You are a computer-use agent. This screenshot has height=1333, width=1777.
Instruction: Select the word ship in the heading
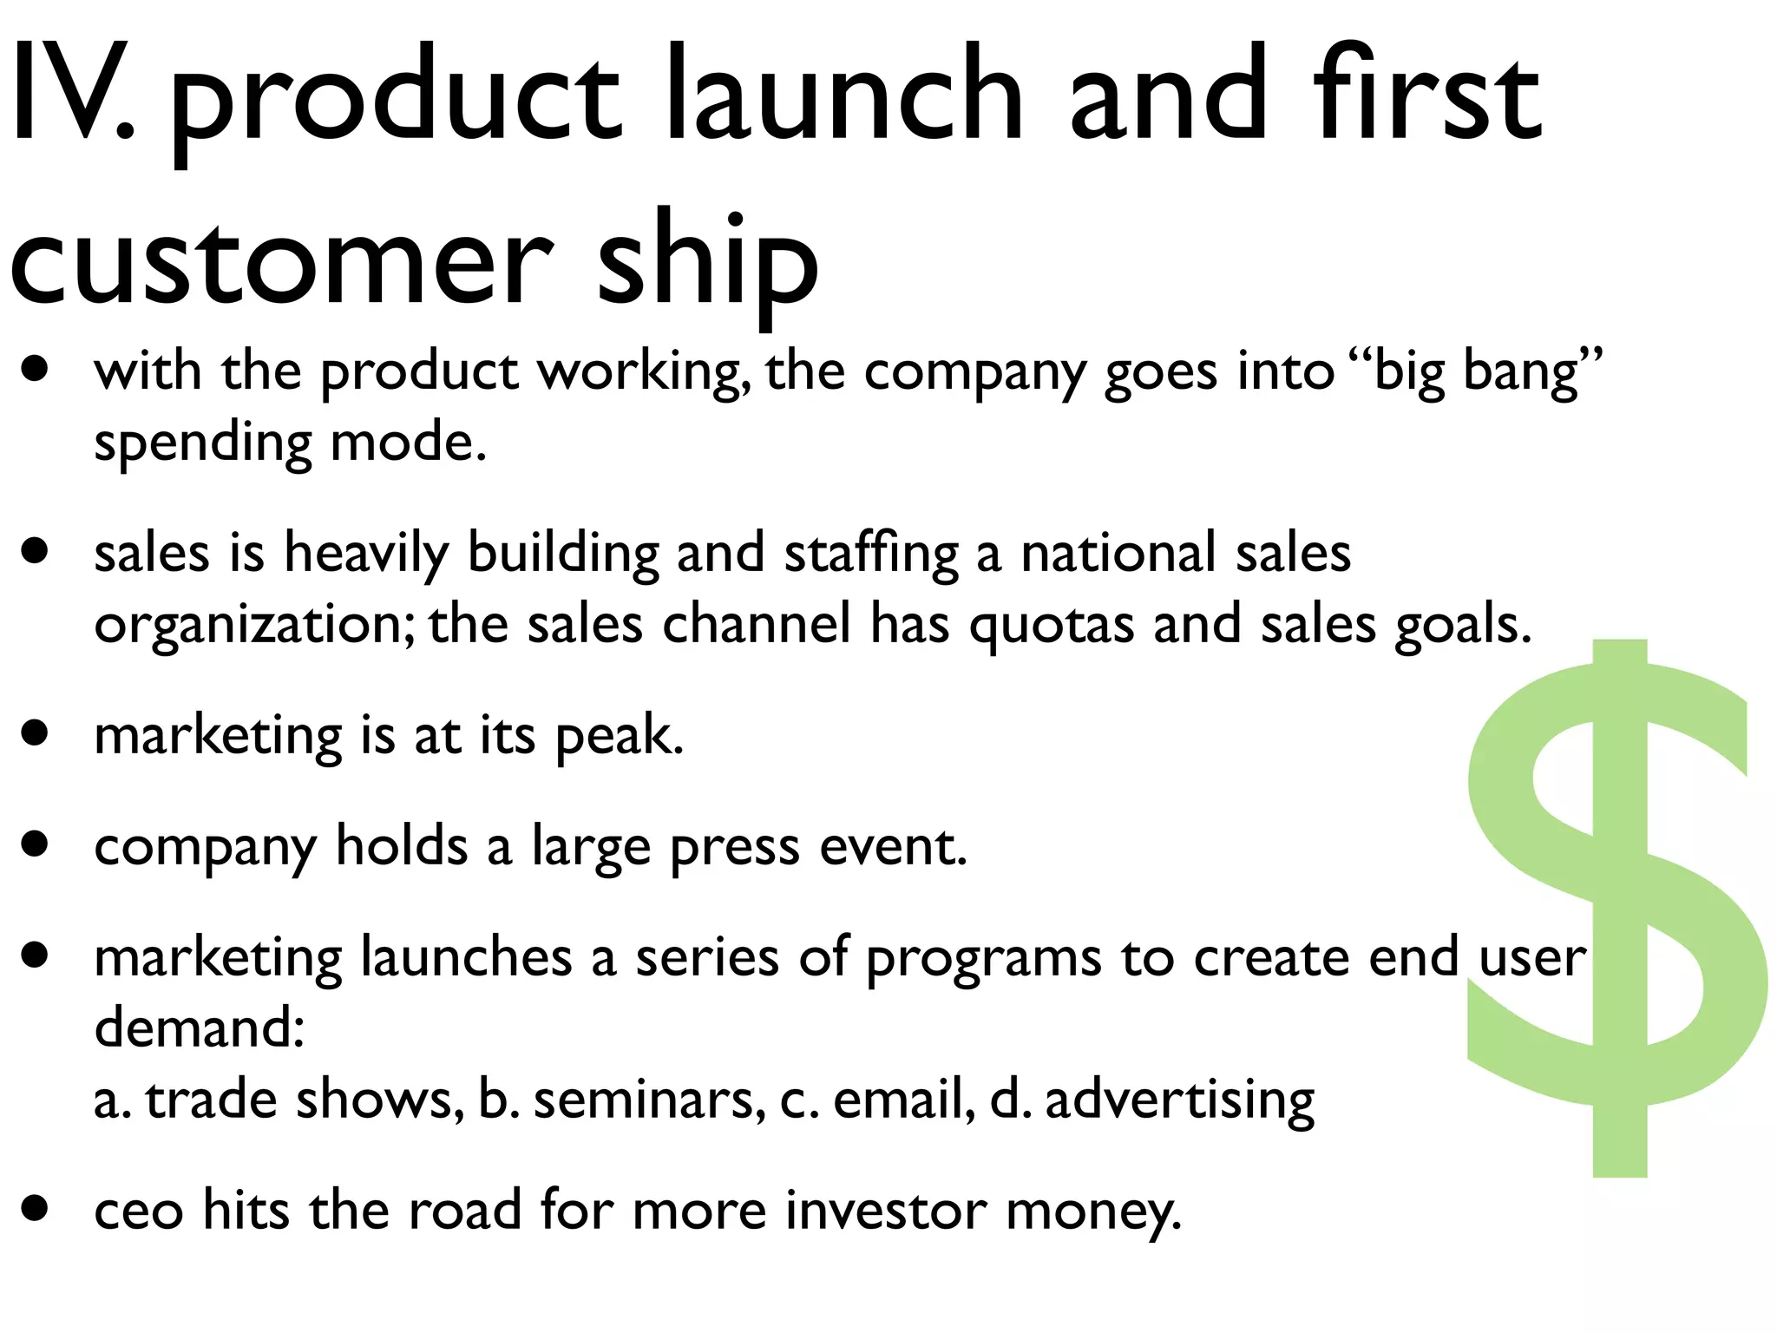707,260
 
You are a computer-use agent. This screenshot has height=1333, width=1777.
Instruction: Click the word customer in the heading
282,260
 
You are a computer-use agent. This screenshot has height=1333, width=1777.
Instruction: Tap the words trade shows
299,1100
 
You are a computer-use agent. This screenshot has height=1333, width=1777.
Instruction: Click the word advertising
1180,1100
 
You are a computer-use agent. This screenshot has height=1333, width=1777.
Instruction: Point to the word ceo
139,1211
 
